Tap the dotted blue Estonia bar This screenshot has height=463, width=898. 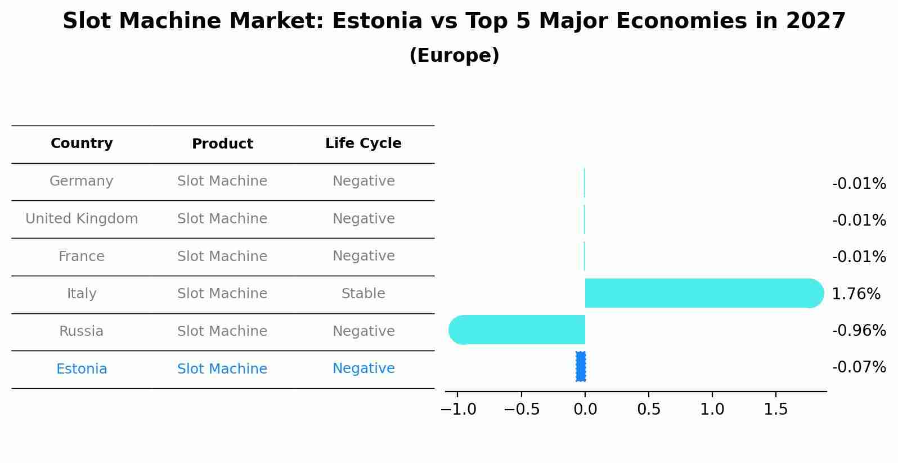(581, 367)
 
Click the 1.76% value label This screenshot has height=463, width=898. (855, 294)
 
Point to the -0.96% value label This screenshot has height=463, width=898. (859, 331)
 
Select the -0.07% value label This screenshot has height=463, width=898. (859, 367)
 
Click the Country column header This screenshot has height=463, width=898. (82, 143)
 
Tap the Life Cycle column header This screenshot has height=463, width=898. (363, 143)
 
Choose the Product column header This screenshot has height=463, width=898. (222, 144)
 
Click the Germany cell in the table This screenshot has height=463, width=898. (82, 181)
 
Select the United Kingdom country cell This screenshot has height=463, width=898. (82, 219)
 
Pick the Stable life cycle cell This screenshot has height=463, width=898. (363, 294)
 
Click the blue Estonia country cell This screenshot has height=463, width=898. (82, 369)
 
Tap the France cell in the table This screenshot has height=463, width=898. (82, 257)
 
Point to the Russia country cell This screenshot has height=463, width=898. (82, 331)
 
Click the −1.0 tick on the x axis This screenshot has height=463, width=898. (458, 410)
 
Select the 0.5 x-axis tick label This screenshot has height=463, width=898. (649, 410)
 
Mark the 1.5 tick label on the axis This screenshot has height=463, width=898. (776, 410)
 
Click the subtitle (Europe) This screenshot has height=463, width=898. (454, 56)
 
